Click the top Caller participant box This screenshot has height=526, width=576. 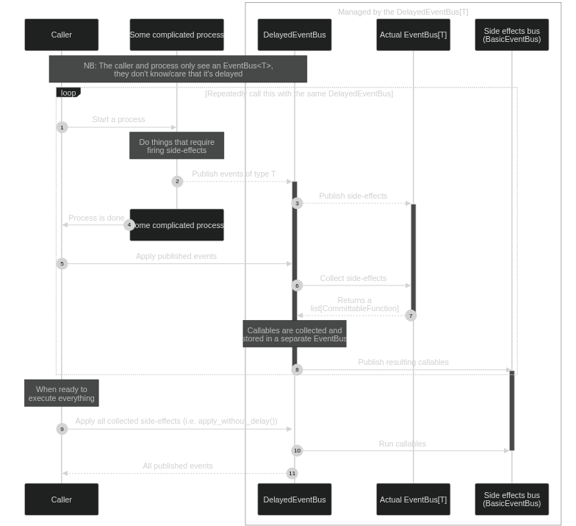pos(61,35)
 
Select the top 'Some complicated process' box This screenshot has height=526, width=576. pos(176,35)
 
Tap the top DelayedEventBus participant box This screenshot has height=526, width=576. pos(294,35)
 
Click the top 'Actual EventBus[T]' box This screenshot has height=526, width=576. pos(413,35)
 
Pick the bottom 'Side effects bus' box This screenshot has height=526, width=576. pos(511,499)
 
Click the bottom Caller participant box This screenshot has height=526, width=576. pos(61,499)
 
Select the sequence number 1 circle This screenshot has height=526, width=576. pos(62,127)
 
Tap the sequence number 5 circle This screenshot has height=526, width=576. pos(62,263)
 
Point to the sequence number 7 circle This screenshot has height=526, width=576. pos(411,315)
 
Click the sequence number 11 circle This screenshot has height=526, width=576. pos(292,473)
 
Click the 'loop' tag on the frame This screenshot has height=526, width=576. pos(68,93)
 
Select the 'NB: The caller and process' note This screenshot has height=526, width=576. pos(178,69)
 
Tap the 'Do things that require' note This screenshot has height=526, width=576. pos(176,146)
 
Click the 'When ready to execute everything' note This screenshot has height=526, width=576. pos(61,393)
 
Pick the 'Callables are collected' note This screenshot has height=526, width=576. pos(294,334)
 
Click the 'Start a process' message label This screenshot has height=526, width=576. pos(118,119)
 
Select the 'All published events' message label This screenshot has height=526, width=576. pos(178,466)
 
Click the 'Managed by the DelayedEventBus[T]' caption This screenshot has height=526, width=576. pos(403,12)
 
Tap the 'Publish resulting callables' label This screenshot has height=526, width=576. pos(403,362)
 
